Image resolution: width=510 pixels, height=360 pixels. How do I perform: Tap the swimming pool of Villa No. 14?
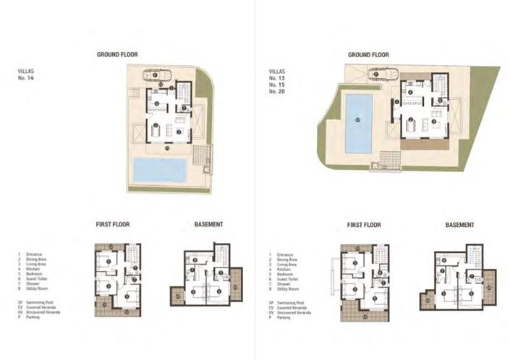coord(160,171)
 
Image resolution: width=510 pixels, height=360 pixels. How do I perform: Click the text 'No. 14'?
coord(26,77)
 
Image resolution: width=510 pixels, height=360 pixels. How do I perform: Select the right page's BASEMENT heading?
coord(455,225)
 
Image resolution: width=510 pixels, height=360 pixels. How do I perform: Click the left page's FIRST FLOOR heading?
coord(112,225)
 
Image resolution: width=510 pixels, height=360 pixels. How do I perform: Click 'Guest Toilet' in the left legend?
coord(41,279)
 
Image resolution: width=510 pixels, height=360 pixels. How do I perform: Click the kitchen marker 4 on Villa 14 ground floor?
coord(156,103)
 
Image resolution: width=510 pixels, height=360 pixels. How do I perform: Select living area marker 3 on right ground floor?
coord(433,121)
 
